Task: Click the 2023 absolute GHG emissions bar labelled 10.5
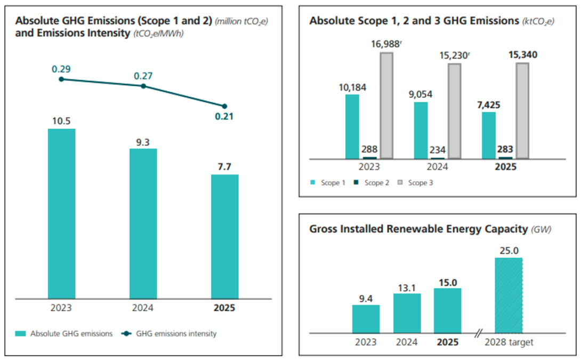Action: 61,213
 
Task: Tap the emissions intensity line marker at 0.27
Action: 143,86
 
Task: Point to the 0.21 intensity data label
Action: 224,117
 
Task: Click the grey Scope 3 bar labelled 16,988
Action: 386,105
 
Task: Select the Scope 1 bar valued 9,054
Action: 421,131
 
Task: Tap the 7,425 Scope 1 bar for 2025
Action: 488,135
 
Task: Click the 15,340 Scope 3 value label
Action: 522,54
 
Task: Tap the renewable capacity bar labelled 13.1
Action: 407,314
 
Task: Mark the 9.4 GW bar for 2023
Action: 366,319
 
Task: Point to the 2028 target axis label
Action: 508,342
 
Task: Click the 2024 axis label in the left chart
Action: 143,308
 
